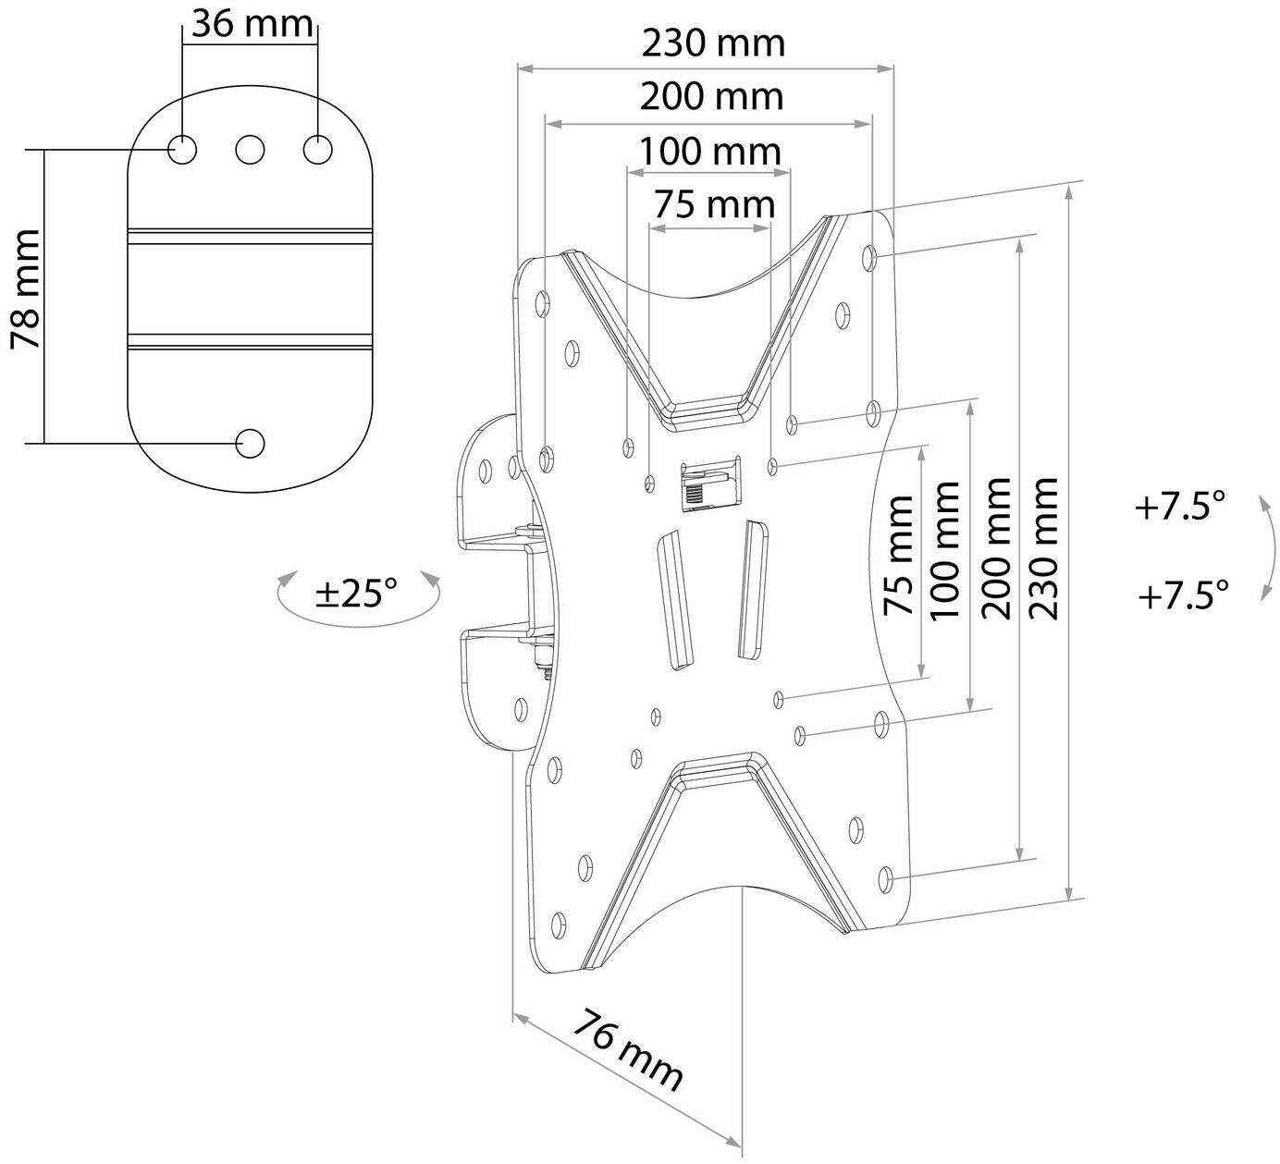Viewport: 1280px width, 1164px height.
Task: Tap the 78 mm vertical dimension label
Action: pyautogui.click(x=26, y=289)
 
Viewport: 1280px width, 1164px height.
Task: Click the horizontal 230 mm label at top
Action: pyautogui.click(x=713, y=43)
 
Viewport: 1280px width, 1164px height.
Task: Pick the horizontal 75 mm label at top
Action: pyautogui.click(x=713, y=203)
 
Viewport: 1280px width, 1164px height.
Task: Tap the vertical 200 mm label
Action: pyautogui.click(x=995, y=547)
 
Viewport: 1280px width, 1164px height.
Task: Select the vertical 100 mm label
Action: pyautogui.click(x=944, y=549)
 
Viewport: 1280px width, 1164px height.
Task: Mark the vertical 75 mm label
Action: pyautogui.click(x=899, y=555)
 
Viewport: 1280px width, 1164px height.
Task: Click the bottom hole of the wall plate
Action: pyautogui.click(x=250, y=443)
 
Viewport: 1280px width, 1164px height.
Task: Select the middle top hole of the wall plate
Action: pyautogui.click(x=250, y=149)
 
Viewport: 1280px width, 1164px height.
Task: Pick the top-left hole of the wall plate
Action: pyautogui.click(x=182, y=149)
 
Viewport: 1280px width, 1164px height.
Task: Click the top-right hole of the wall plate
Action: pyautogui.click(x=317, y=149)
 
